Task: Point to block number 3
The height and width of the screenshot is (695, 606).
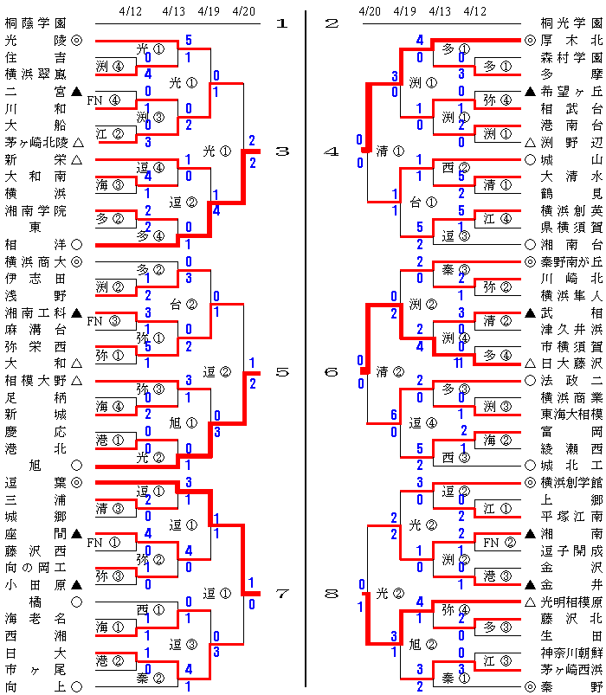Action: coord(281,151)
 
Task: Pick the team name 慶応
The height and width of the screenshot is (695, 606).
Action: coord(35,430)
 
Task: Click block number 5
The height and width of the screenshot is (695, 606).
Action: coord(281,372)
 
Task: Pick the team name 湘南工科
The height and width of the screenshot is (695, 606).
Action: coord(35,312)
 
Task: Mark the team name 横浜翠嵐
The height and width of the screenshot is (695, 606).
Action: coord(35,74)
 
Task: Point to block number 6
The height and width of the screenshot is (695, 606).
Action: coord(331,372)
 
